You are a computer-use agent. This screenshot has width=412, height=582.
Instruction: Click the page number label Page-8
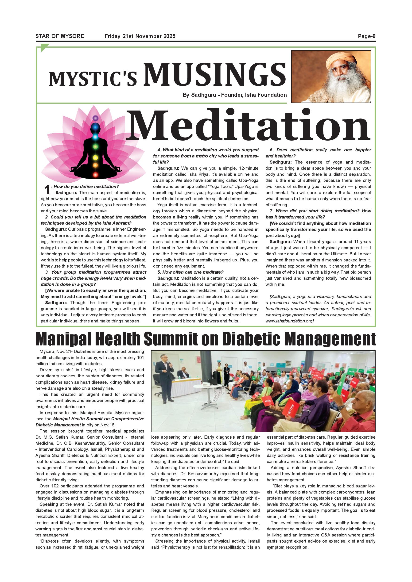point(366,36)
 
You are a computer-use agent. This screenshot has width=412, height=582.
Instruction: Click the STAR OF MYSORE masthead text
point(60,36)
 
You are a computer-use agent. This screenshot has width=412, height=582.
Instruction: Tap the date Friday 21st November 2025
point(140,36)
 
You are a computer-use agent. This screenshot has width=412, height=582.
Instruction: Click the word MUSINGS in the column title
point(215,75)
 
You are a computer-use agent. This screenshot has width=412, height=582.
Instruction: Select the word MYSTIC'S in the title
point(93,79)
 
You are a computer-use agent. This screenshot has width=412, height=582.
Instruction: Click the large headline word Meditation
point(248,125)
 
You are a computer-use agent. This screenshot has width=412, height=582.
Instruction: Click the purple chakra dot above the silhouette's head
point(95,118)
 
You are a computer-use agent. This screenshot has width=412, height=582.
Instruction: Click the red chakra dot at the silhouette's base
point(95,175)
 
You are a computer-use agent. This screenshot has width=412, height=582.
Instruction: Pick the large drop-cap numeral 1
point(47,190)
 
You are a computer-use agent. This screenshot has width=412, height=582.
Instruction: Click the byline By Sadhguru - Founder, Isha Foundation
point(234,95)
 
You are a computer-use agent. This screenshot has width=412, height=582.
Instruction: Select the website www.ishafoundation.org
point(289,321)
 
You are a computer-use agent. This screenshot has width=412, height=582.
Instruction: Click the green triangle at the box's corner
point(44,47)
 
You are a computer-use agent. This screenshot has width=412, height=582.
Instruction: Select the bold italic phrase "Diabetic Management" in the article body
point(58,425)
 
